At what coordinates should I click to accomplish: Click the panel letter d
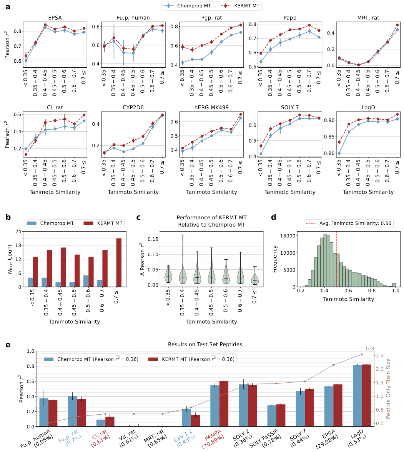click(274, 217)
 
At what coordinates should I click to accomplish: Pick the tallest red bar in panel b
click(119, 262)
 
